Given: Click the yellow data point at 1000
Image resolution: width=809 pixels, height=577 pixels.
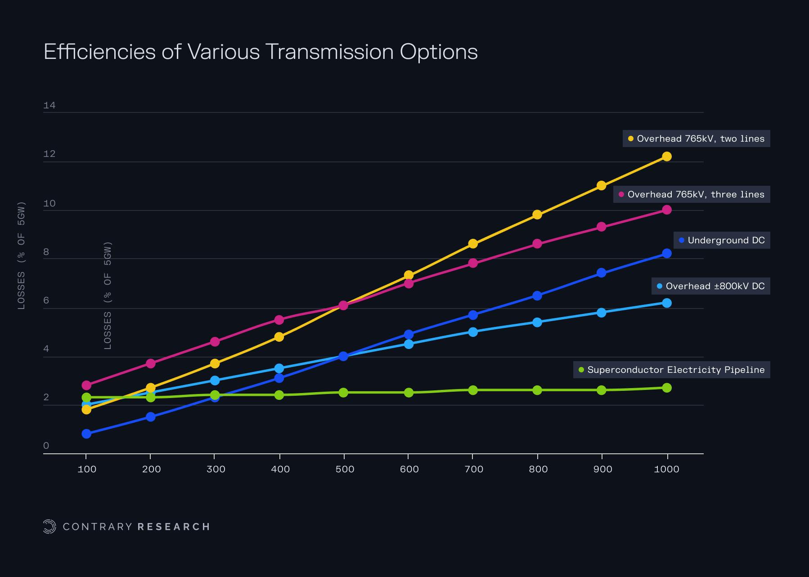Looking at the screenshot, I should point(667,157).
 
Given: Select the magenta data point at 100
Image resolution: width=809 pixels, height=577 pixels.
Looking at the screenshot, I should point(86,385).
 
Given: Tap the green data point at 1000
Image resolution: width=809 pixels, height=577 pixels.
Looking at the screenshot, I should point(667,388).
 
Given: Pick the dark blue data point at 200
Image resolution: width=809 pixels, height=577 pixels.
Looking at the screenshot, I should point(151,417).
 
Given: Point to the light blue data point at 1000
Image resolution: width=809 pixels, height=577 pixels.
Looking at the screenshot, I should point(667,303).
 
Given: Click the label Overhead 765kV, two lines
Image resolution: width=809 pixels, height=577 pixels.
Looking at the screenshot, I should point(700,139).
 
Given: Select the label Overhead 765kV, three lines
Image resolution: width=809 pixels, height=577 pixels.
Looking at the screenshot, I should point(696,194).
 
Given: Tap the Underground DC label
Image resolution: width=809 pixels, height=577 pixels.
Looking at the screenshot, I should point(726,240).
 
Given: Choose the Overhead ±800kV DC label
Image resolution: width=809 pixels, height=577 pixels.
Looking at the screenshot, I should point(715,286).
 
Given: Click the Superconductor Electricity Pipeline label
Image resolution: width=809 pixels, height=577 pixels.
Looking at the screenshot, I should point(675,370).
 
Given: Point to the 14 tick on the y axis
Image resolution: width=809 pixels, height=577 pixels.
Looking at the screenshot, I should point(49,106).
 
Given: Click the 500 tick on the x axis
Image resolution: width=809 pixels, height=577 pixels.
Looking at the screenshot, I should point(345,469).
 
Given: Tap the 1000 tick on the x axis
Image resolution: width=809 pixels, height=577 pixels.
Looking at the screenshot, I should point(666,469).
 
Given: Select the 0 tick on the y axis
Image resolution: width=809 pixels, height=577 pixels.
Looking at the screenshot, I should point(46,446).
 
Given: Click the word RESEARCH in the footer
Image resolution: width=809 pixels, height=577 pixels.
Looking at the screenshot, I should point(174,527).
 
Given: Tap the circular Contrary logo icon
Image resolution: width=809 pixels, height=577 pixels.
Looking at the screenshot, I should point(49,527).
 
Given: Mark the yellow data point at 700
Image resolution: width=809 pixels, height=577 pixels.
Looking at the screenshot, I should point(473,244).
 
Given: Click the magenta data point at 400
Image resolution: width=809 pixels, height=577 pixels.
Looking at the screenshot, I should point(279,320).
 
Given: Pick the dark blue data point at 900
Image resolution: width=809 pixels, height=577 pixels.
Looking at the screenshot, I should point(601,273).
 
